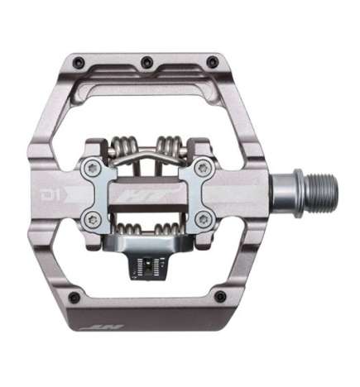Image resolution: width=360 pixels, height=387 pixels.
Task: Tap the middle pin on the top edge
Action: click(x=146, y=61)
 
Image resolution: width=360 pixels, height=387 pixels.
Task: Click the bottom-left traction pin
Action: click(x=74, y=296)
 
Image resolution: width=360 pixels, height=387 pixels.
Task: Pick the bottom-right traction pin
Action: click(x=219, y=295)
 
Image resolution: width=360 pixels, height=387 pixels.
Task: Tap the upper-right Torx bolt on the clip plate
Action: click(x=198, y=169)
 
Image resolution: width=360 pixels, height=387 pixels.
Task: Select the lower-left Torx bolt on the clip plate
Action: click(x=94, y=219)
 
